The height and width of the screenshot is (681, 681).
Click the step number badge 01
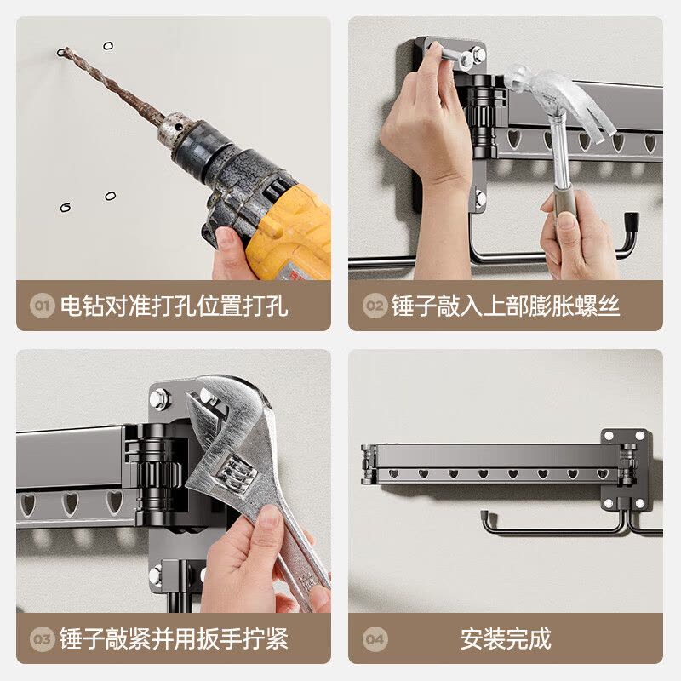point(42,306)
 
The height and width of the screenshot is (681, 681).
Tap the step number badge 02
point(375,306)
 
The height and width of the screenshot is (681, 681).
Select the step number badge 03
point(42,639)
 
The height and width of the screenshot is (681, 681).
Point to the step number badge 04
point(375,639)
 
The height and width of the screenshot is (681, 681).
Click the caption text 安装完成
point(506,638)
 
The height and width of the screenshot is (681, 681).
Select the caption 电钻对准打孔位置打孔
point(174,306)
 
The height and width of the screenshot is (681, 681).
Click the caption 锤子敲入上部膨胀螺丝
point(505,306)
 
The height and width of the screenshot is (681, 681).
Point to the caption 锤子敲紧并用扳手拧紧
point(174,639)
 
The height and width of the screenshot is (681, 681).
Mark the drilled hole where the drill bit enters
point(61,53)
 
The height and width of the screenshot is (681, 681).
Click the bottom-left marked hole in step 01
point(66,208)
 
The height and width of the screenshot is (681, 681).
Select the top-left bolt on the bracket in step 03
point(158,398)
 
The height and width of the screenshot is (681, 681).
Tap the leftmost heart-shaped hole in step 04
point(393,474)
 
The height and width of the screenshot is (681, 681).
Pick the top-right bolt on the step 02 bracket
point(478,54)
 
